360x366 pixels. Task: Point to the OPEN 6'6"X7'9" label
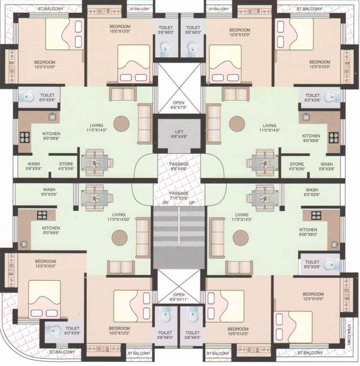(x=179, y=105)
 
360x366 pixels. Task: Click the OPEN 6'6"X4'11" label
(x=179, y=298)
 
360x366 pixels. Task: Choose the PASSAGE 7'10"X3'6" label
(x=179, y=195)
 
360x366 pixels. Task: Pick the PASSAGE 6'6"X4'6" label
(x=179, y=166)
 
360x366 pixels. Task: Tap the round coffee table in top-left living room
(x=121, y=123)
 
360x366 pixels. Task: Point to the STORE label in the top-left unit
(x=66, y=166)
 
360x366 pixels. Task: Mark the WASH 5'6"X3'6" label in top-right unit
(x=327, y=166)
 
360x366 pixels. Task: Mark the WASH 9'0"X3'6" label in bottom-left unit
(x=49, y=192)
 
